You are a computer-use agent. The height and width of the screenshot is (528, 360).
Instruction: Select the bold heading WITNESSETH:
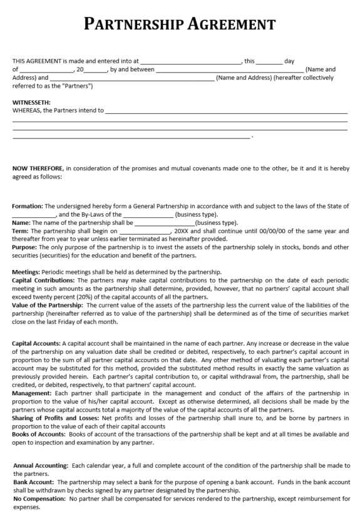(31, 102)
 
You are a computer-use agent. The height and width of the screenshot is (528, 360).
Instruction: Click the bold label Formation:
(28, 206)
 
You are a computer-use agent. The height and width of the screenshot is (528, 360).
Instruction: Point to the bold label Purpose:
(25, 247)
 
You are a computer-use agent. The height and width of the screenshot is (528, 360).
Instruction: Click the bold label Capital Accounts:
(36, 344)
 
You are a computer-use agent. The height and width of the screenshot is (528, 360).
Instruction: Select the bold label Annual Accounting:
(41, 465)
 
